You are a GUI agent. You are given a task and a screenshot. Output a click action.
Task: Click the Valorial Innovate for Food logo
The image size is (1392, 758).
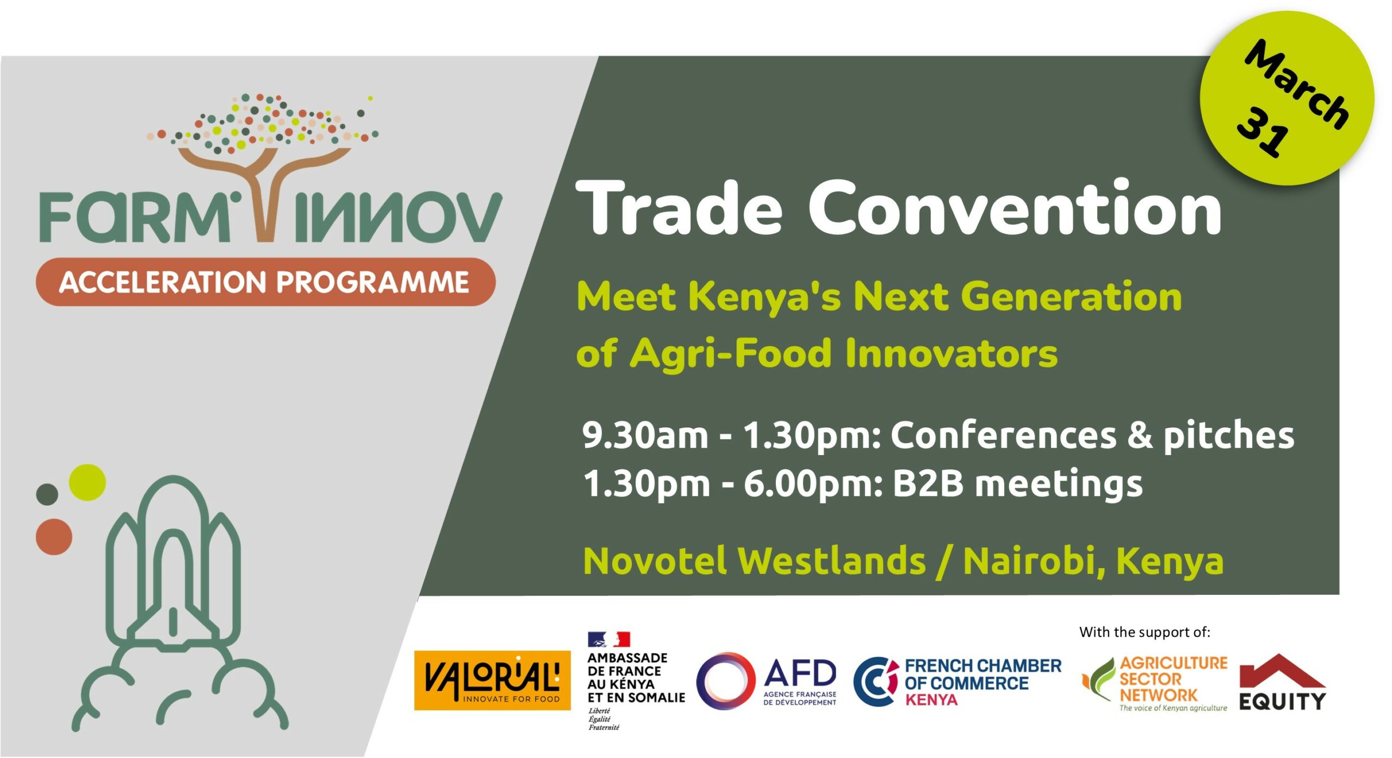[492, 680]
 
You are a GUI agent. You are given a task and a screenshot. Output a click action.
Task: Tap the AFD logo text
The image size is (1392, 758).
[800, 673]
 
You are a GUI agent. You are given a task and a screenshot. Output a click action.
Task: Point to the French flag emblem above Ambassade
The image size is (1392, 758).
[608, 639]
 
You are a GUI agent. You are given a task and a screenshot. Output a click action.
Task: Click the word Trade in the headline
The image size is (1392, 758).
[679, 208]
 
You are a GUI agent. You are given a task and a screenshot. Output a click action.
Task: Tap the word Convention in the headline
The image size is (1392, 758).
[1015, 208]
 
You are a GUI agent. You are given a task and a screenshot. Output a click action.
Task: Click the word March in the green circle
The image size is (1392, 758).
[1297, 84]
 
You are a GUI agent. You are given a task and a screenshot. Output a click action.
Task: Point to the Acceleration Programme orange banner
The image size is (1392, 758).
[265, 282]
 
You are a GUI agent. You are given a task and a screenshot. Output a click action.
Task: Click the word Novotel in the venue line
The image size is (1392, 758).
[655, 561]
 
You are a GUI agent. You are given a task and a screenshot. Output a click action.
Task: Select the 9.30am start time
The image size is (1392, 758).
[645, 435]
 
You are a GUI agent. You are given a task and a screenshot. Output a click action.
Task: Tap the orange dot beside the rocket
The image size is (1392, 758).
[54, 537]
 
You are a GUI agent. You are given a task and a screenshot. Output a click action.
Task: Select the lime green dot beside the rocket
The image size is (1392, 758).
[88, 482]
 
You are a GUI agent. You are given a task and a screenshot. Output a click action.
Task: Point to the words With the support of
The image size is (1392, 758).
[1145, 632]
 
